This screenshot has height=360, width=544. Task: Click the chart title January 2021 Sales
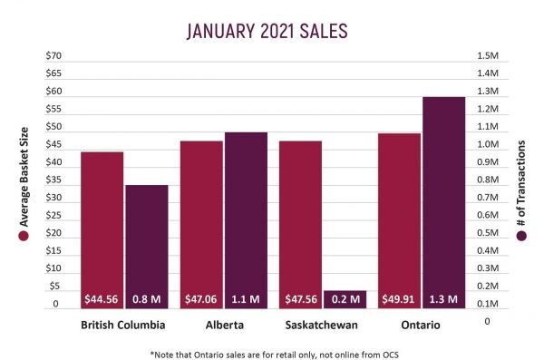(x=267, y=31)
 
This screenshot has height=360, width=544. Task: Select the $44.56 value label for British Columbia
(x=102, y=297)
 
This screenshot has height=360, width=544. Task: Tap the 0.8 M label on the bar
(x=146, y=297)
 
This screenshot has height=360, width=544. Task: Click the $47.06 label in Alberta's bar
(x=201, y=297)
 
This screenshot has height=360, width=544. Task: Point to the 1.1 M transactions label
(x=246, y=297)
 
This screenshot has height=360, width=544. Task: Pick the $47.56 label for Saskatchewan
(x=300, y=297)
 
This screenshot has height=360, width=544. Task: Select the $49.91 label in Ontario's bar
(x=399, y=297)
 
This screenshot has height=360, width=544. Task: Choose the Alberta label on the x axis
(x=223, y=323)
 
